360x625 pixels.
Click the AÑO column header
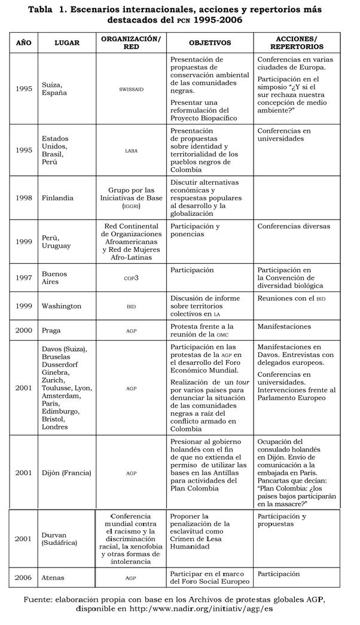tap(23, 43)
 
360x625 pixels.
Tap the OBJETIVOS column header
tap(210, 43)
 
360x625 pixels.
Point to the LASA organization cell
tap(131, 151)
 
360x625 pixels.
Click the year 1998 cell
tap(24, 197)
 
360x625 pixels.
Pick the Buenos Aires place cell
tap(55, 278)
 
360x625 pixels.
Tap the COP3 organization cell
tap(131, 278)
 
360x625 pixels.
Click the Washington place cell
tap(62, 306)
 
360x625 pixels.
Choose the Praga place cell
tap(53, 330)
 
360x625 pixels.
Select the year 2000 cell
tap(24, 330)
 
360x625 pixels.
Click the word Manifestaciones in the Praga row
tap(284, 327)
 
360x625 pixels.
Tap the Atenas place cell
tap(54, 578)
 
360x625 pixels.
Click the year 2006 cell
tap(24, 578)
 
